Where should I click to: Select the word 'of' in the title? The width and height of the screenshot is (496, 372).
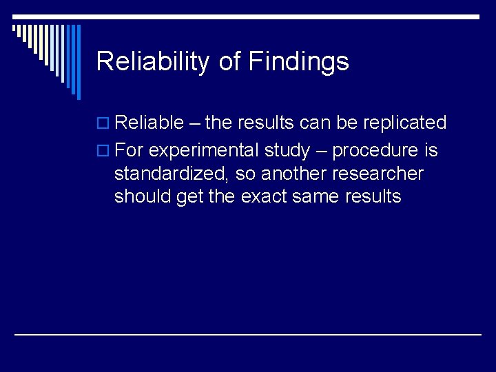229,62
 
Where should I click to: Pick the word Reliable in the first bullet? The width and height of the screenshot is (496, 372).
149,123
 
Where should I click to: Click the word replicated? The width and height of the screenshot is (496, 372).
404,123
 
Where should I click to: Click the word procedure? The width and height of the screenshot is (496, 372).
375,151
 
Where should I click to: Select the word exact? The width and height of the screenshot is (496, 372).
264,196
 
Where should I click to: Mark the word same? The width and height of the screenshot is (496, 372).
317,196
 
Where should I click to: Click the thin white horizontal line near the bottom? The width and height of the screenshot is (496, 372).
248,334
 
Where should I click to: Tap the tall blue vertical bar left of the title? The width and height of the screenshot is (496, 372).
78,62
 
